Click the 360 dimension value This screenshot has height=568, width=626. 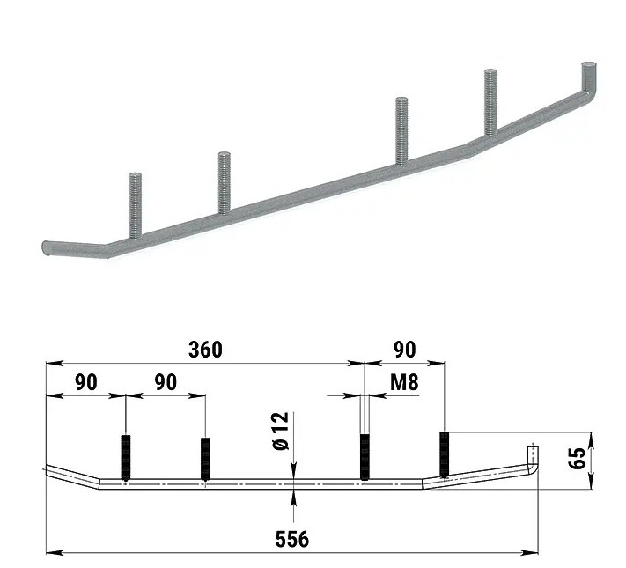[205, 350]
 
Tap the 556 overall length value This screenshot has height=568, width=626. [291, 539]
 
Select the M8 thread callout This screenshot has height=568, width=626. [404, 383]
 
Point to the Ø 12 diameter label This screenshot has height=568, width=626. [280, 431]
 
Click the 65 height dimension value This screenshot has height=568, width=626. [577, 458]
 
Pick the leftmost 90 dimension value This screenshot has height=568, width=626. [85, 383]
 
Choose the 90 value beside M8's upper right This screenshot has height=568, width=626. [404, 350]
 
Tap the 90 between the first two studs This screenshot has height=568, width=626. [166, 383]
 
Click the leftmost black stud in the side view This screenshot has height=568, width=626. [125, 457]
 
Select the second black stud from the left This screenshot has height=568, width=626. [205, 459]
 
